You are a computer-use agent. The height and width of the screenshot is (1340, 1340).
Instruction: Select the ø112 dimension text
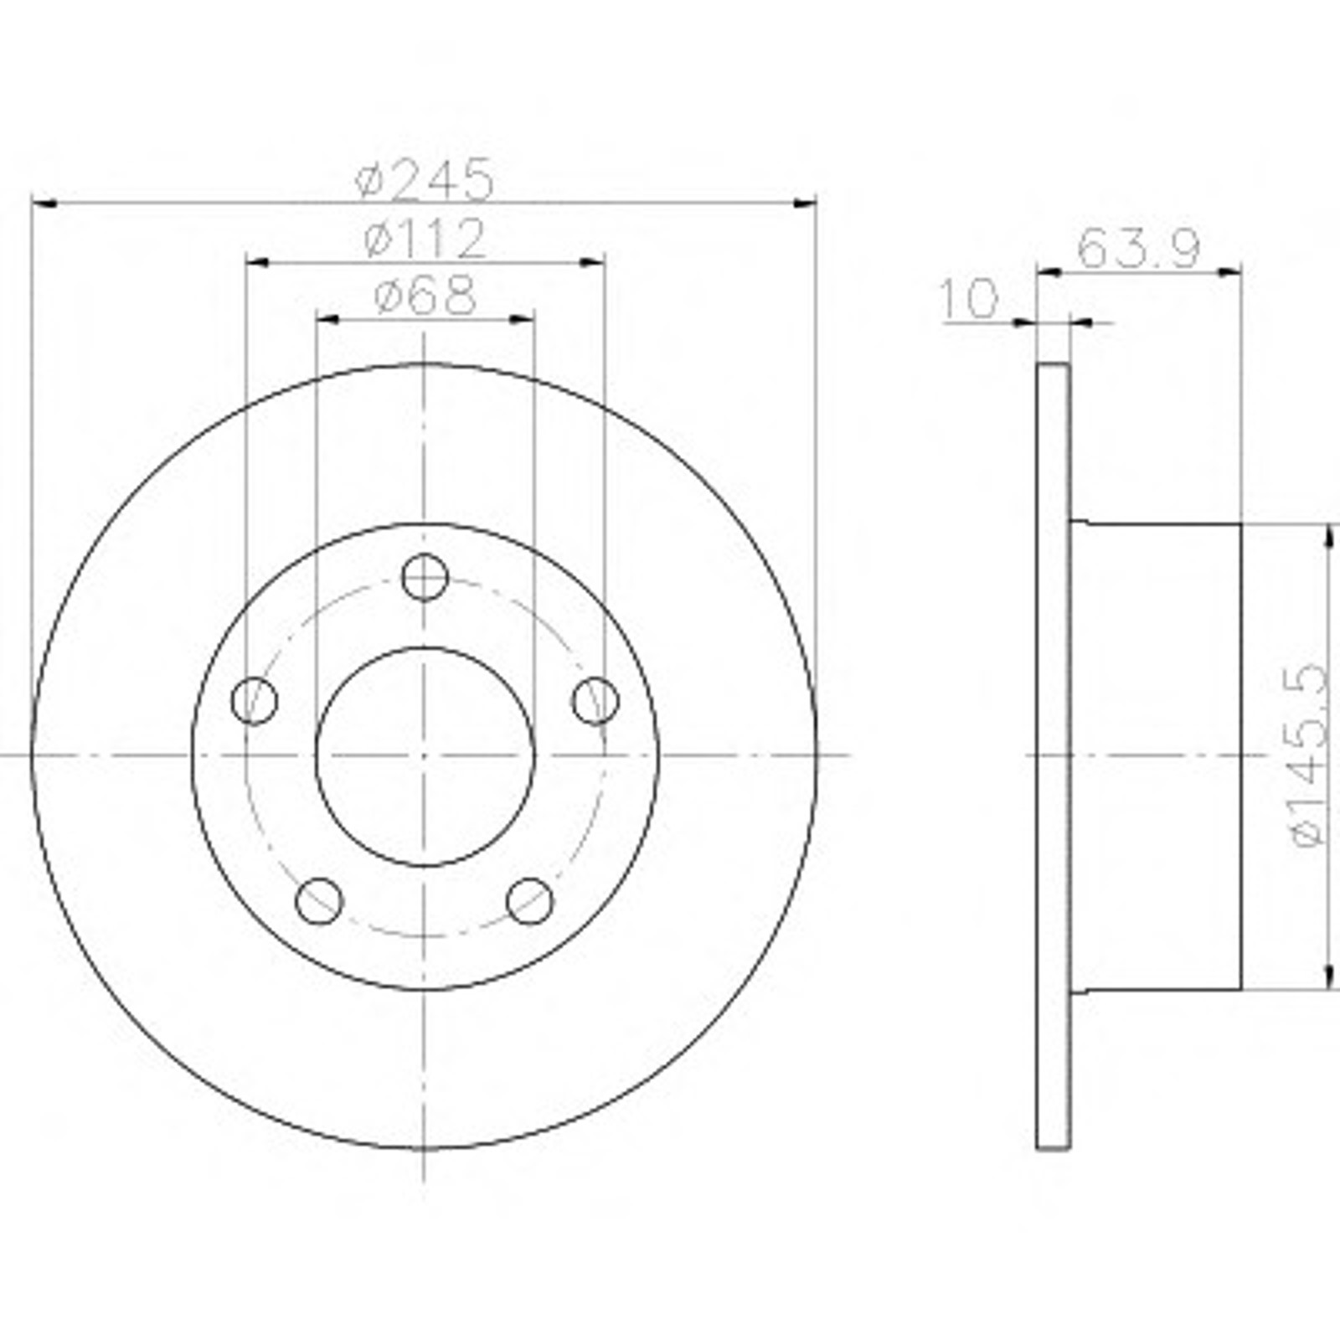pyautogui.click(x=425, y=239)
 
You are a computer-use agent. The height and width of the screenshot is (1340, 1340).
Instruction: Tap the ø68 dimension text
pyautogui.click(x=425, y=295)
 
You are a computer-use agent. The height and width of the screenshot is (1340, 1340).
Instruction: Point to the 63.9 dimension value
pyautogui.click(x=1139, y=248)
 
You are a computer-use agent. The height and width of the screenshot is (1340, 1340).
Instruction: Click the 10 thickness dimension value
pyautogui.click(x=970, y=299)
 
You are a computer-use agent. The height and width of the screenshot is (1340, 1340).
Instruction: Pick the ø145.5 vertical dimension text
pyautogui.click(x=1307, y=755)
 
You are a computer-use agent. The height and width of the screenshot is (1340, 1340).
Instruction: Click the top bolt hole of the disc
pyautogui.click(x=425, y=577)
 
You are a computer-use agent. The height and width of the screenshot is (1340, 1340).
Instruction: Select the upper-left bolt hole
pyautogui.click(x=254, y=700)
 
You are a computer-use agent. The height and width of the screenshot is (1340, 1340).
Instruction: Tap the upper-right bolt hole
pyautogui.click(x=596, y=700)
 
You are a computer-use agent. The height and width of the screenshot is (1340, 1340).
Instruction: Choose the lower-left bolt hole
pyautogui.click(x=319, y=901)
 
